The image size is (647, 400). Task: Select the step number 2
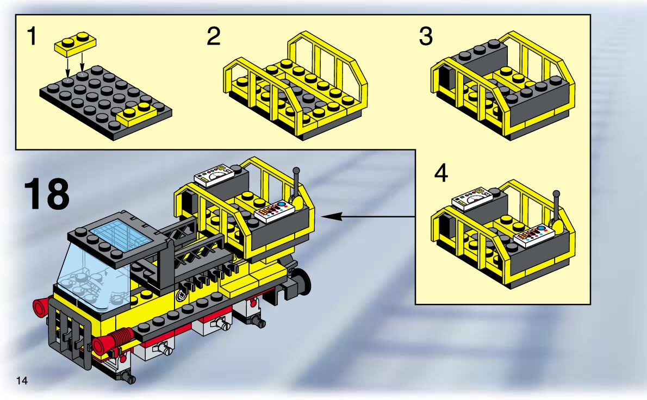click(x=214, y=37)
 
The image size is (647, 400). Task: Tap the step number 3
click(x=426, y=37)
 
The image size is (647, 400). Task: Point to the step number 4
click(x=441, y=174)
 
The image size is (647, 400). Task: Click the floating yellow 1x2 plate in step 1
click(x=76, y=43)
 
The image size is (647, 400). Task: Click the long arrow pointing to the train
click(x=370, y=217)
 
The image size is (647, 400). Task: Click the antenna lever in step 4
click(x=556, y=209)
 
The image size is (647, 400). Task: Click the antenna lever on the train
click(x=297, y=187)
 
